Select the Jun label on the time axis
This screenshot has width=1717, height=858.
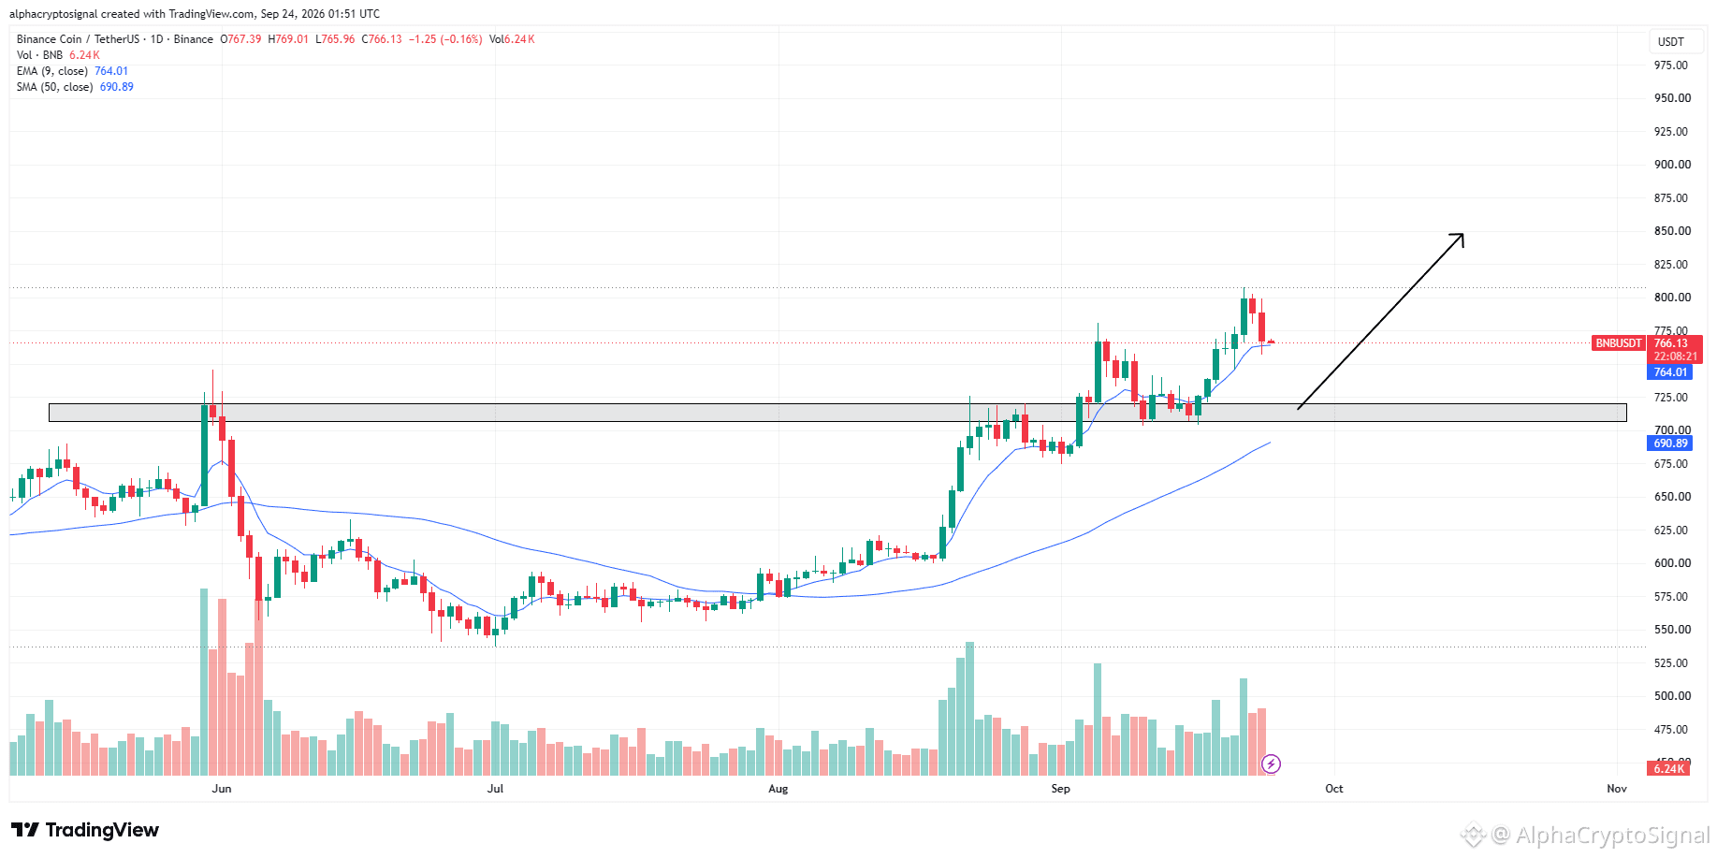pyautogui.click(x=222, y=789)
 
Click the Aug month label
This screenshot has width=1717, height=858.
pyautogui.click(x=778, y=789)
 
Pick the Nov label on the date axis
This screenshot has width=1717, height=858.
pyautogui.click(x=1617, y=789)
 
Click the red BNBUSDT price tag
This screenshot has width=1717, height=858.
pyautogui.click(x=1619, y=343)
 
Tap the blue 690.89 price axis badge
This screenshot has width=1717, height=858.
pyautogui.click(x=1670, y=444)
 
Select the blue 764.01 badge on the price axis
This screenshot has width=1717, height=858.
pyautogui.click(x=1670, y=372)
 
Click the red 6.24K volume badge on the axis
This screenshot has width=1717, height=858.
pyautogui.click(x=1669, y=769)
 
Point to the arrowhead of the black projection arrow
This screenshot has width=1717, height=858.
pyautogui.click(x=1462, y=234)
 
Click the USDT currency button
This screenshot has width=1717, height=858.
pyautogui.click(x=1671, y=42)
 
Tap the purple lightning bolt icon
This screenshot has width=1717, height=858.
pyautogui.click(x=1271, y=764)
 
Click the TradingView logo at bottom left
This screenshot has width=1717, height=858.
pyautogui.click(x=85, y=830)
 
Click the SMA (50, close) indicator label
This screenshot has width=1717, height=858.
pyautogui.click(x=54, y=87)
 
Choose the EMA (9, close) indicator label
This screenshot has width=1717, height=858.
pyautogui.click(x=52, y=71)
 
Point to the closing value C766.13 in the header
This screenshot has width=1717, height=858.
pyautogui.click(x=382, y=39)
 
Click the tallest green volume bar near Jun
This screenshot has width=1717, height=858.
pyautogui.click(x=204, y=682)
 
